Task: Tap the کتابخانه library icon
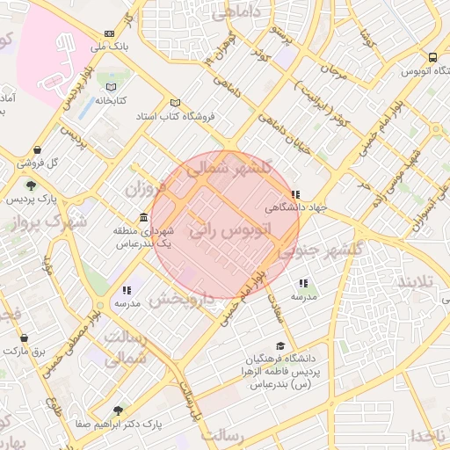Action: click(111, 87)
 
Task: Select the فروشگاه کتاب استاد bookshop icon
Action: click(175, 102)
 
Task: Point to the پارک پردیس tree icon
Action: click(32, 185)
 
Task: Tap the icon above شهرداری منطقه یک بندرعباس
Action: click(143, 217)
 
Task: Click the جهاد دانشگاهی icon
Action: click(295, 195)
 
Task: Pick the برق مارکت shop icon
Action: click(23, 337)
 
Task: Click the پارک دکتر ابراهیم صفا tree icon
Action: click(119, 410)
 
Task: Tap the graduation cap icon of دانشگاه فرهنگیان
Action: click(280, 345)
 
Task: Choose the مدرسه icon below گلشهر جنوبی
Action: click(303, 283)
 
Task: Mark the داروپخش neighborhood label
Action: click(180, 299)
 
